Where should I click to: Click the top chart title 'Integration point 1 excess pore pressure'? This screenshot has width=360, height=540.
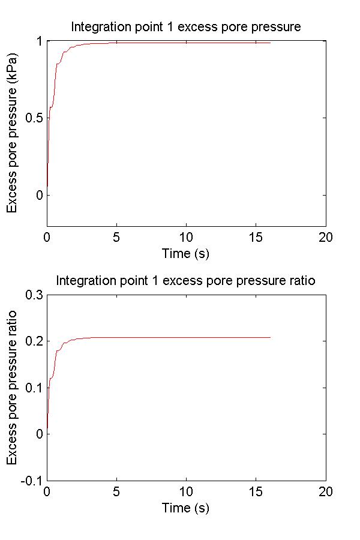click(186, 27)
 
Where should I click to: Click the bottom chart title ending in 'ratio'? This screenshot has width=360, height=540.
click(186, 280)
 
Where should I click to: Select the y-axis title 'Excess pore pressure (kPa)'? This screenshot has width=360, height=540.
click(12, 133)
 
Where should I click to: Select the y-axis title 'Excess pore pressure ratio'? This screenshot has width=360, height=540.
click(12, 387)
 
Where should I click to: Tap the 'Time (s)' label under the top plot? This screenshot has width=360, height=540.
click(186, 254)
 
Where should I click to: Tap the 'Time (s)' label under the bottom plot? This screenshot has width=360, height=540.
click(186, 508)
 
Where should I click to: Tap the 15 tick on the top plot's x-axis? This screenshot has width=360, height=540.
click(256, 236)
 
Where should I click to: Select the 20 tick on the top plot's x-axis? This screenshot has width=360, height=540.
click(326, 236)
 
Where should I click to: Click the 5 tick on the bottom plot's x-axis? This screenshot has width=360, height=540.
click(116, 490)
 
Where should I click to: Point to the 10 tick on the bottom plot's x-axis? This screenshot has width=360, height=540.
click(186, 490)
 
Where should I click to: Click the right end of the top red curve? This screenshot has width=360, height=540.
click(270, 43)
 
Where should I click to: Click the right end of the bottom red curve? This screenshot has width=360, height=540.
click(270, 337)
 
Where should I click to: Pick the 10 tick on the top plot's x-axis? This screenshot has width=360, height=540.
click(186, 236)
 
